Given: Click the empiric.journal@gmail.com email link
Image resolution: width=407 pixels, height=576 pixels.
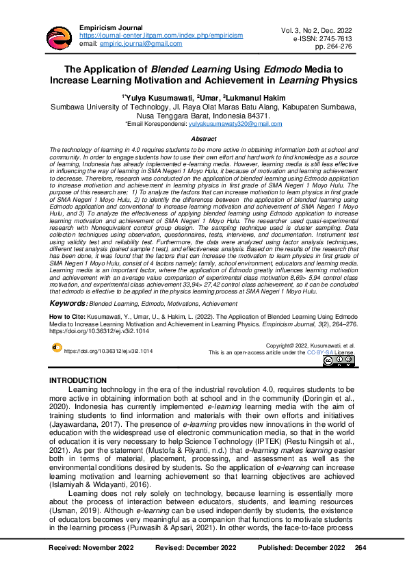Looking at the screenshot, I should (x=141, y=44).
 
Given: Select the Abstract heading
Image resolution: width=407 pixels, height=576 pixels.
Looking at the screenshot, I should (x=203, y=139).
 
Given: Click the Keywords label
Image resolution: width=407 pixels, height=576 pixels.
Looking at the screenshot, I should (x=68, y=302).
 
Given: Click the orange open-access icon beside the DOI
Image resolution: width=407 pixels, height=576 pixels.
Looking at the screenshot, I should (x=56, y=348).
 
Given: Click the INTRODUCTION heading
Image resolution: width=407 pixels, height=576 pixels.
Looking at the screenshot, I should (x=78, y=381).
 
